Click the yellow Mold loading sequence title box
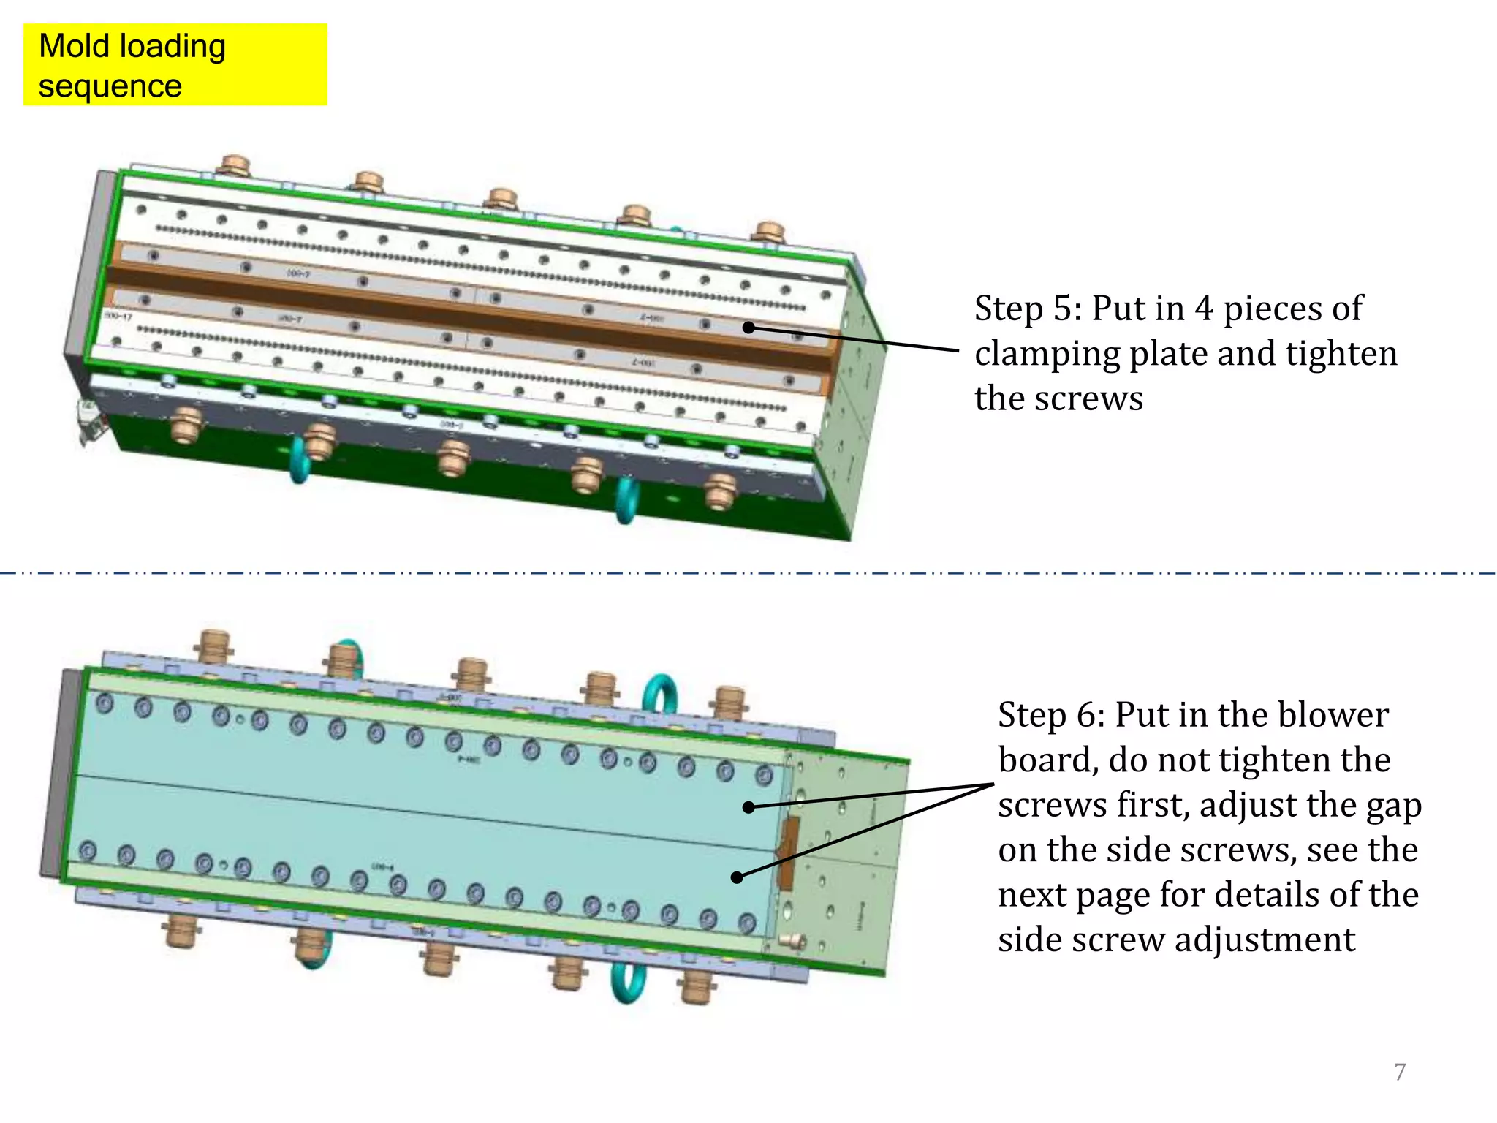pyautogui.click(x=175, y=64)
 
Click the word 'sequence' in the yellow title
pyautogui.click(x=110, y=86)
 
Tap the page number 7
pyautogui.click(x=1400, y=1072)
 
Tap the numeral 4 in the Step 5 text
pyautogui.click(x=1204, y=309)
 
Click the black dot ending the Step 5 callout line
pyautogui.click(x=748, y=327)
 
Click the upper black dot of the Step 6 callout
pyautogui.click(x=748, y=807)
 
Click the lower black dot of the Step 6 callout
pyautogui.click(x=737, y=877)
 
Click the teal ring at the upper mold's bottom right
pyautogui.click(x=626, y=501)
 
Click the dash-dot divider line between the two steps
pyautogui.click(x=748, y=573)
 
